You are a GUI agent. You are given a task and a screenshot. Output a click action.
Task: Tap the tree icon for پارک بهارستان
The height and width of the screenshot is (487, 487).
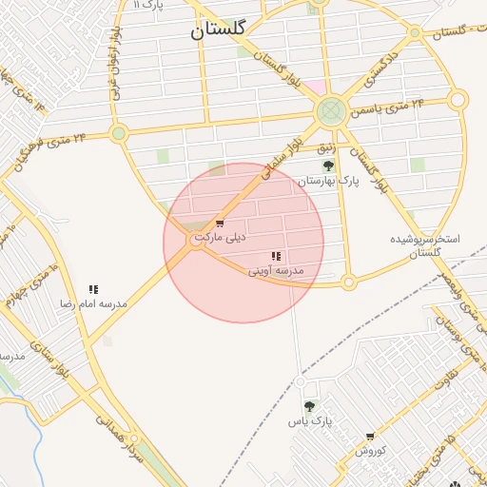(328, 166)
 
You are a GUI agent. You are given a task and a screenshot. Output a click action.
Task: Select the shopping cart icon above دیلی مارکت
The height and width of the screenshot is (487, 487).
(221, 224)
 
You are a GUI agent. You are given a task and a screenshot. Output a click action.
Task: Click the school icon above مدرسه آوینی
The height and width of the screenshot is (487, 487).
(276, 256)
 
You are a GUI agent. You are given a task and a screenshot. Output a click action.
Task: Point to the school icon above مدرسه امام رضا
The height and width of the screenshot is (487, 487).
(93, 289)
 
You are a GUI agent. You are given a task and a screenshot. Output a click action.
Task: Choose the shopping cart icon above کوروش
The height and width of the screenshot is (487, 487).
(370, 437)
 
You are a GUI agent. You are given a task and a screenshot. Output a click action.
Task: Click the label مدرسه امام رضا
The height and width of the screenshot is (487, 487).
(93, 303)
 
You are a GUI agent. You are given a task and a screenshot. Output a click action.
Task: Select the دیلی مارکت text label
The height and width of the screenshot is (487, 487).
(220, 236)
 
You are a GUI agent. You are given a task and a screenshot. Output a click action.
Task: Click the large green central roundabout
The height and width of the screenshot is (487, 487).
(331, 111)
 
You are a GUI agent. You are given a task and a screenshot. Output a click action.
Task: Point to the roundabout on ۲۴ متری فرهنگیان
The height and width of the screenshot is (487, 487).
(119, 133)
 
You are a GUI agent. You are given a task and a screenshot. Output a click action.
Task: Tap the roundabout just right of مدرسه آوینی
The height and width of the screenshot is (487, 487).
(348, 282)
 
